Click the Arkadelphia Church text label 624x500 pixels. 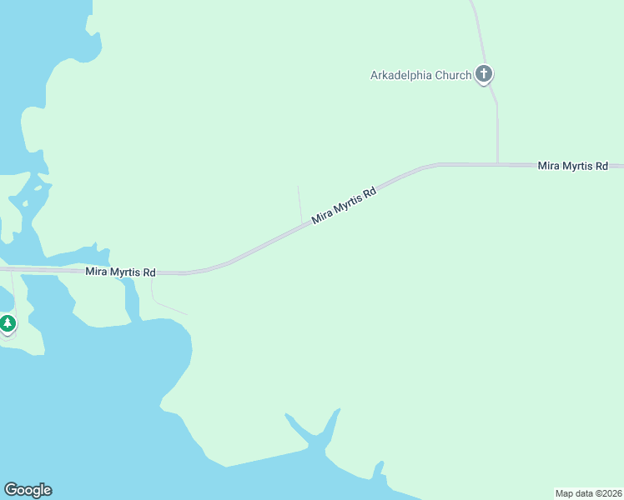420,75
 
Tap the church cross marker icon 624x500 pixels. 484,74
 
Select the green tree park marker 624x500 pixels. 8,322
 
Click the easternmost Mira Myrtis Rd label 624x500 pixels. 572,166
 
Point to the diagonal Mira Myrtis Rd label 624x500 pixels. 344,205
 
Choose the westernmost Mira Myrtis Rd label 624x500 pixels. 120,272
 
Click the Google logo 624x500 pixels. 28,490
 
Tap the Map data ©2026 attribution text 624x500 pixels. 588,493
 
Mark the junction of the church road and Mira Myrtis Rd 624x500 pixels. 498,164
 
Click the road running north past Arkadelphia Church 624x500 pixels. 497,125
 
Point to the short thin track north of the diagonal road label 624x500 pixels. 299,203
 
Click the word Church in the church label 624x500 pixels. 453,75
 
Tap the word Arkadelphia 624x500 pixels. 401,75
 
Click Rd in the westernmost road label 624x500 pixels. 148,272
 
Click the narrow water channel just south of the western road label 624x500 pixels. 131,297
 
